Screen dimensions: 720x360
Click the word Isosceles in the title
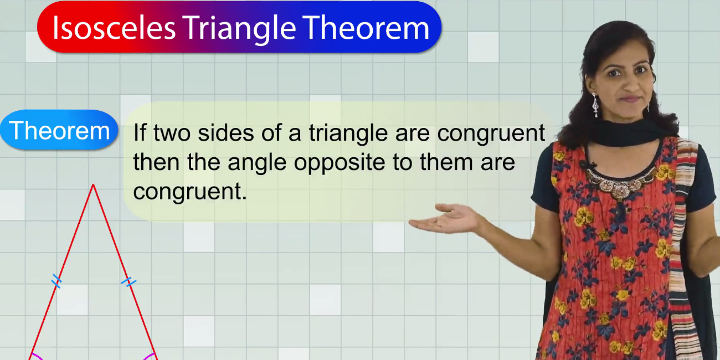click(114, 28)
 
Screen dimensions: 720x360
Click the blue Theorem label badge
click(59, 130)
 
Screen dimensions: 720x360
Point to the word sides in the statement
click(225, 133)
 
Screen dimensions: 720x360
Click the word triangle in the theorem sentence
click(348, 133)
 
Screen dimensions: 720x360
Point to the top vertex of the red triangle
click(93, 184)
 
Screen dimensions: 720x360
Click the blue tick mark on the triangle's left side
click(56, 281)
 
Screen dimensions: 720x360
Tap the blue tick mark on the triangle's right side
click(128, 282)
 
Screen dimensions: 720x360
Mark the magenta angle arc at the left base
click(38, 356)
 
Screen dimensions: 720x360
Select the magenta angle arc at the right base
click(148, 356)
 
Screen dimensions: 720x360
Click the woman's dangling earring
click(595, 105)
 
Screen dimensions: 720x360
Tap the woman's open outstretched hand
click(447, 219)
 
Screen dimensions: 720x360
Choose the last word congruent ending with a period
click(190, 192)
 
